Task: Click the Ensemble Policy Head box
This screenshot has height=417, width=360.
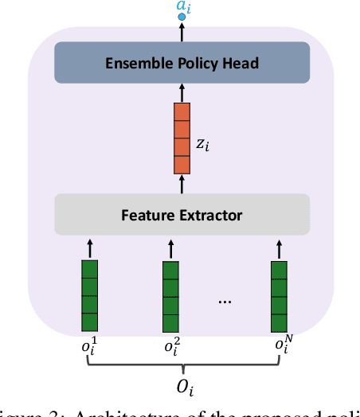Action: pyautogui.click(x=182, y=62)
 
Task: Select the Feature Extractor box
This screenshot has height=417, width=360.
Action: pyautogui.click(x=182, y=214)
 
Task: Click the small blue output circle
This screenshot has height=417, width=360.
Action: pyautogui.click(x=182, y=17)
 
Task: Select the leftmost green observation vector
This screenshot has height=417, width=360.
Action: pyautogui.click(x=90, y=295)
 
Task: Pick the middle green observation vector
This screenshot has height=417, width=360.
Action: pyautogui.click(x=171, y=295)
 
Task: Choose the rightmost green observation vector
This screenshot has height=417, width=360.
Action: pyautogui.click(x=279, y=295)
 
